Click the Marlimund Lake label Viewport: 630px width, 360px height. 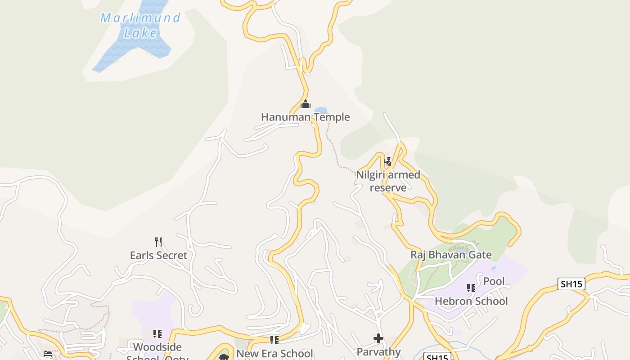point(140,25)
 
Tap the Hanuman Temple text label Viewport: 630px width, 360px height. point(305,117)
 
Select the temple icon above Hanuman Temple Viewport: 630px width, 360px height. point(306,104)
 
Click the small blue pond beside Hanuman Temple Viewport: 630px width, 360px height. point(320,110)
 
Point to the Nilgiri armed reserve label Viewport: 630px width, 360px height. point(388,181)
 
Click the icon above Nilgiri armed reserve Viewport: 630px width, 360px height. point(387,161)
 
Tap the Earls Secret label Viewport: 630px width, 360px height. point(158,255)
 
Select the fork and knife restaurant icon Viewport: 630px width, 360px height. point(158,242)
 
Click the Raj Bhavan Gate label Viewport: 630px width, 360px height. point(451,255)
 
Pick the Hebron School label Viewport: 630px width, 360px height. point(471,301)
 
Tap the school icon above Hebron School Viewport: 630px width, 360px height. point(471,288)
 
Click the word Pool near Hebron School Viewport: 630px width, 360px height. point(494,281)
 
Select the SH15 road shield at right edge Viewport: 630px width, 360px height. point(571,284)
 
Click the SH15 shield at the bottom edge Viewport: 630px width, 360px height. point(437,357)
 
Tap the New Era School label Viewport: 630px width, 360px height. point(274,353)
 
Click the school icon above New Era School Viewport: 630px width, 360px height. point(274,340)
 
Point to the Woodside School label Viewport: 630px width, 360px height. point(157,347)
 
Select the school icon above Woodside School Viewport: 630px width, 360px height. point(157,334)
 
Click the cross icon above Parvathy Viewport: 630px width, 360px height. point(378,338)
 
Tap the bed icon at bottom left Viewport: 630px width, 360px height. point(48,353)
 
